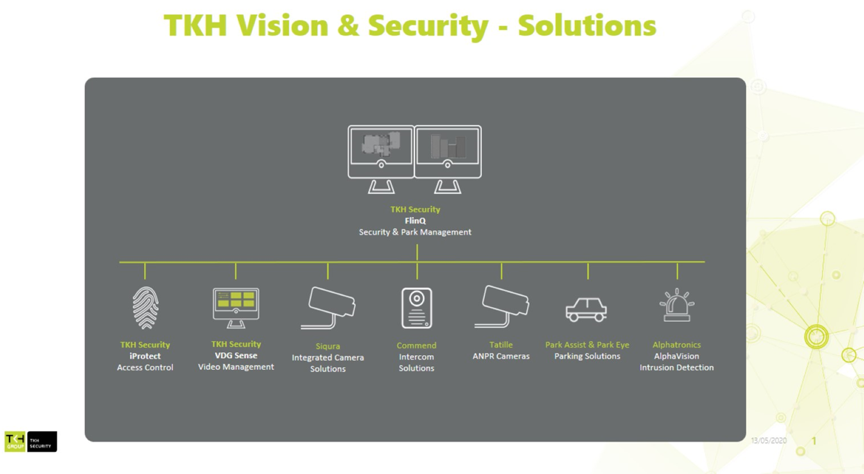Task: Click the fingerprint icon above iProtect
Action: pyautogui.click(x=145, y=308)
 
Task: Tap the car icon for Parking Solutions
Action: pyautogui.click(x=586, y=310)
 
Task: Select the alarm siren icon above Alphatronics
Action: pyautogui.click(x=677, y=305)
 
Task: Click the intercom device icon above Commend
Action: pyautogui.click(x=417, y=308)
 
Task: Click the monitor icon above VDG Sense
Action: pyautogui.click(x=236, y=308)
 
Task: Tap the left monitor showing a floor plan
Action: pyautogui.click(x=381, y=159)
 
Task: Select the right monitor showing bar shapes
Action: pyautogui.click(x=448, y=159)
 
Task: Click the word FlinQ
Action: pyautogui.click(x=415, y=221)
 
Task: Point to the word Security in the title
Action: pyautogui.click(x=428, y=26)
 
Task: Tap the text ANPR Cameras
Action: pyautogui.click(x=501, y=356)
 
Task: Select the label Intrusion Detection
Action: pyautogui.click(x=676, y=367)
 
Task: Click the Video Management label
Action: pyautogui.click(x=236, y=367)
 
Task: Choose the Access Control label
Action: pyautogui.click(x=145, y=367)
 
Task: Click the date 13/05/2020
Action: pyautogui.click(x=769, y=441)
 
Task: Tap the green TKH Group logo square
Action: pyautogui.click(x=15, y=442)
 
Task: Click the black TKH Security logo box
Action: pyautogui.click(x=42, y=442)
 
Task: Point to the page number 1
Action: pyautogui.click(x=814, y=441)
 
